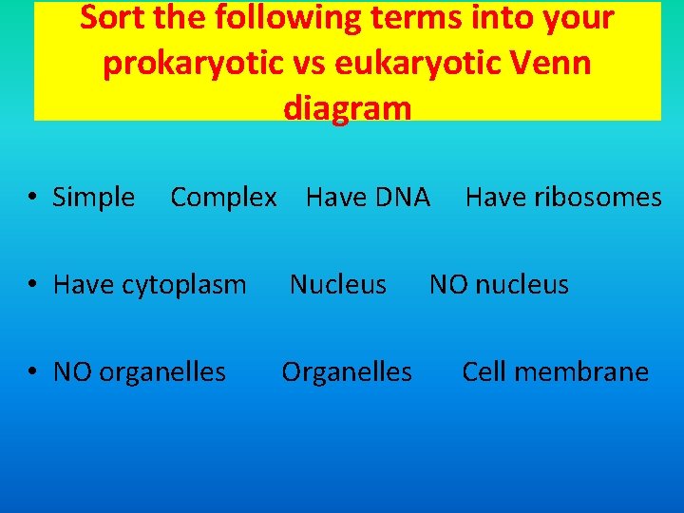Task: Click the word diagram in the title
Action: [347, 107]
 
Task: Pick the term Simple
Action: [93, 198]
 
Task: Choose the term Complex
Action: [223, 198]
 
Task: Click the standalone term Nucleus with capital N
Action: [338, 284]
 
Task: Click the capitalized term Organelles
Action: [347, 371]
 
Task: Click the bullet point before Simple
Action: [32, 198]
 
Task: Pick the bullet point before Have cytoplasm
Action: [32, 285]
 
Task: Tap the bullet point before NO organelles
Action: [32, 372]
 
